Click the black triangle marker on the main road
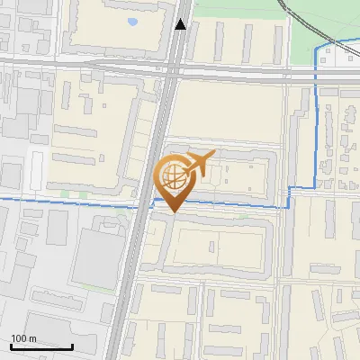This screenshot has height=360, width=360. (x=181, y=24)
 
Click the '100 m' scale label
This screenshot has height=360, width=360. (x=23, y=338)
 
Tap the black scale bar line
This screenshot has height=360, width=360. (x=41, y=346)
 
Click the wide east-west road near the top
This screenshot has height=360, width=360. (x=90, y=67)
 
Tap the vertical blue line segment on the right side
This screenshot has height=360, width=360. (x=316, y=117)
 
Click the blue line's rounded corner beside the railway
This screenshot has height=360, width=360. (x=319, y=53)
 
